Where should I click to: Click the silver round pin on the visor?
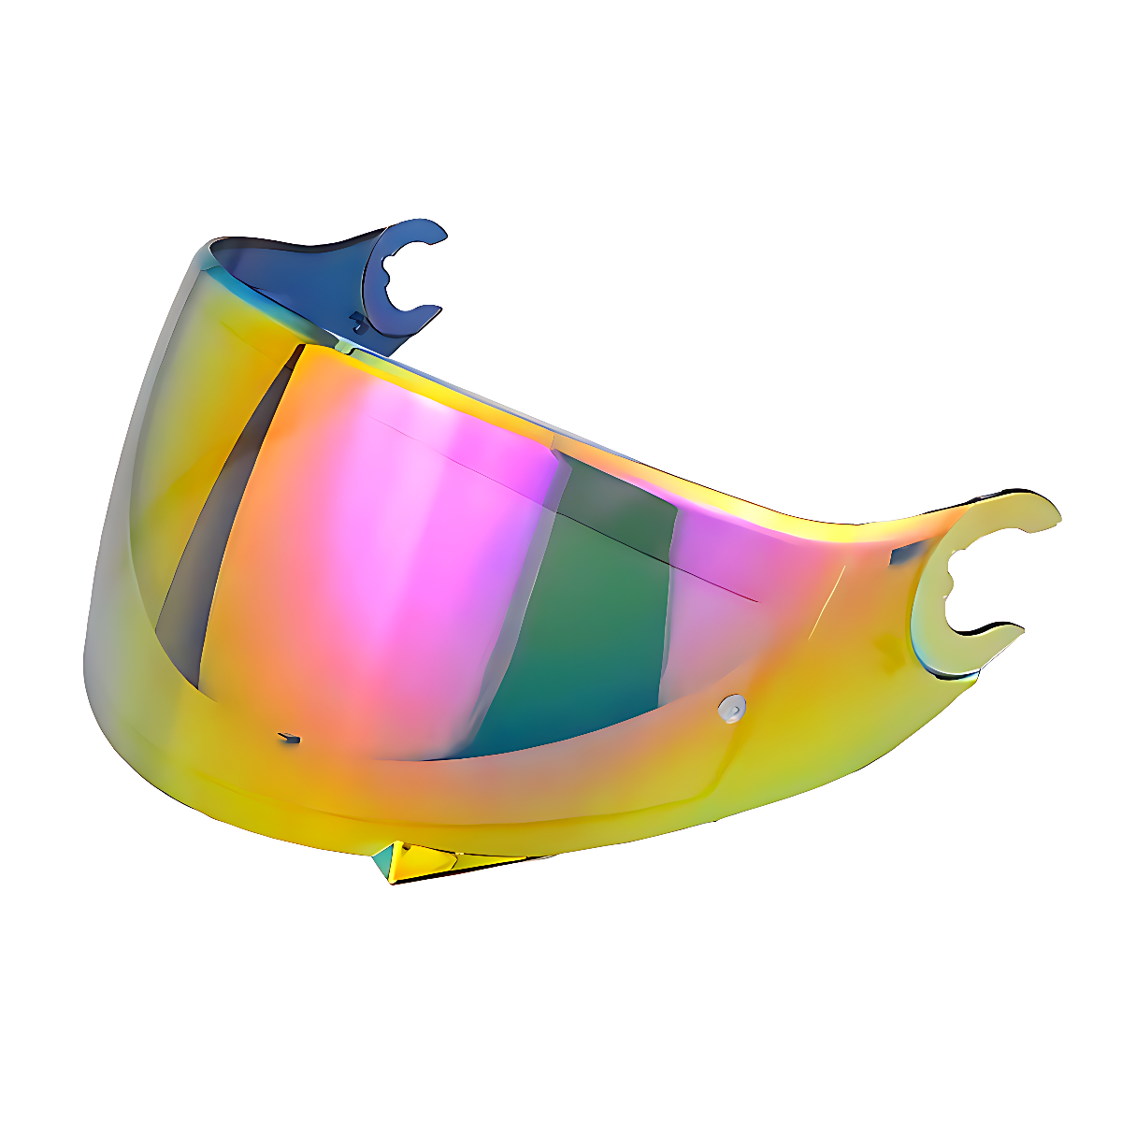[733, 707]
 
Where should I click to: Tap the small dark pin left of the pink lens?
[291, 739]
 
